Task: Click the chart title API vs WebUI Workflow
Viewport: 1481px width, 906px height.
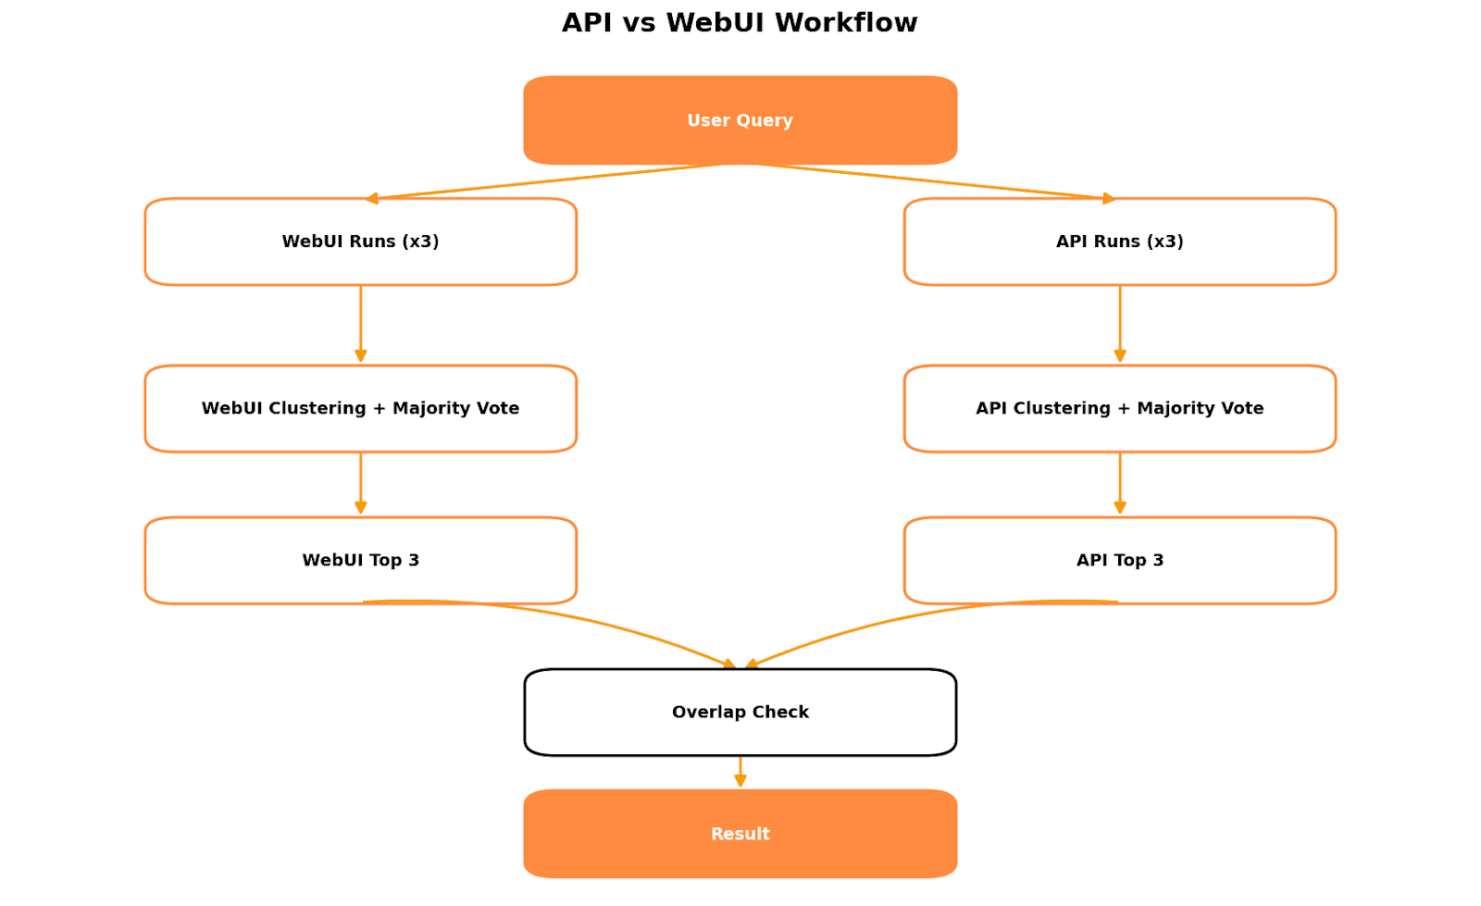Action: click(739, 23)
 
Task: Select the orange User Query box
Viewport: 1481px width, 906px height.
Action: click(740, 120)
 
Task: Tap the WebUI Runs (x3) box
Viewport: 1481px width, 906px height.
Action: click(360, 242)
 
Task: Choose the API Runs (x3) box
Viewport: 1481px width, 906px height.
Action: click(1119, 242)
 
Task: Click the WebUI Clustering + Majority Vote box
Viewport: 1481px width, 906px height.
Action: click(360, 408)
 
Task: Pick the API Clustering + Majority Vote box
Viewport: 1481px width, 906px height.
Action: click(1119, 408)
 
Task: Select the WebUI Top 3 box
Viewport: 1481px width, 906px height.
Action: click(360, 560)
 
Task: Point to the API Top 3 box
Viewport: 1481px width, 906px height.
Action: click(1119, 560)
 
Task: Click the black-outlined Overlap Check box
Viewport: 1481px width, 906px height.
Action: click(740, 712)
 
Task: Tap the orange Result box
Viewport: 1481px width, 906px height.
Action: click(740, 834)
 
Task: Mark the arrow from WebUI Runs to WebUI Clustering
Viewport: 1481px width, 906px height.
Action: click(360, 324)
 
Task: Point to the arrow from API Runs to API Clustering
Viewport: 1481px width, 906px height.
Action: click(1119, 324)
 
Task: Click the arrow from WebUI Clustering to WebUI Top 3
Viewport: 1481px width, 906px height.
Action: click(360, 483)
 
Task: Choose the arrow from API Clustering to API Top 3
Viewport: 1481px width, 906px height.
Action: click(1119, 483)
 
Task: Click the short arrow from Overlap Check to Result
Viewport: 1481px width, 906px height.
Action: click(740, 772)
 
